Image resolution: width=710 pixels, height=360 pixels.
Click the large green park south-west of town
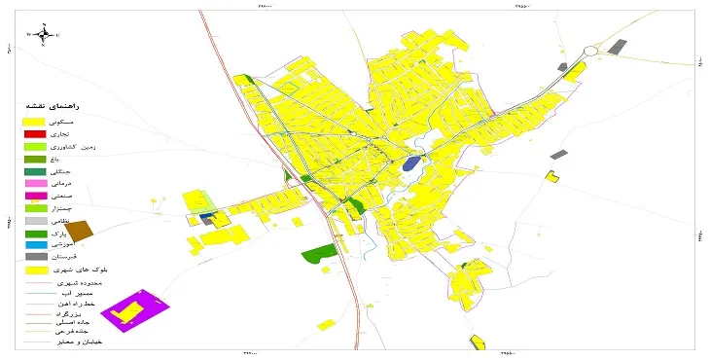pyautogui.click(x=316, y=253)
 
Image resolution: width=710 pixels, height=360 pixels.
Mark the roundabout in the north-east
pyautogui.click(x=590, y=51)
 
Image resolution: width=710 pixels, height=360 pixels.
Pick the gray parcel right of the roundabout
pyautogui.click(x=617, y=45)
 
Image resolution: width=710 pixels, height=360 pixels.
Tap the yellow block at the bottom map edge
pyautogui.click(x=478, y=342)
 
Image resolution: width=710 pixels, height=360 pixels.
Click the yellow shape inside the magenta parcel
pyautogui.click(x=126, y=311)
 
